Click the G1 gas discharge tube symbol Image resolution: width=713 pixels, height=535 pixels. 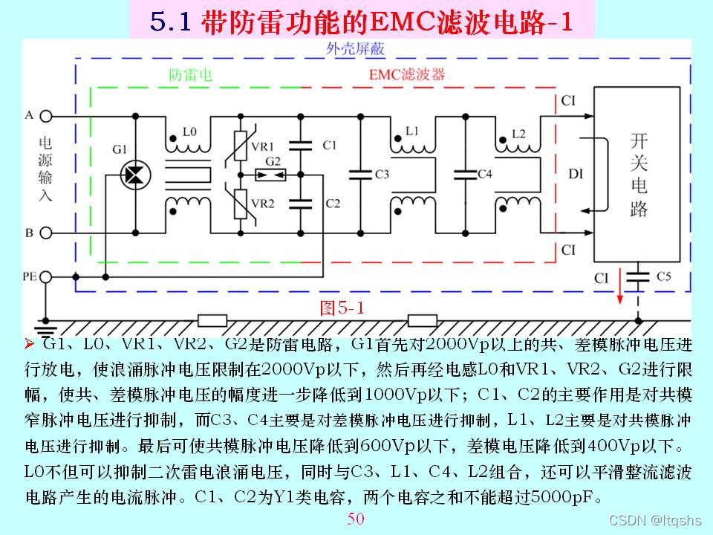pos(135,173)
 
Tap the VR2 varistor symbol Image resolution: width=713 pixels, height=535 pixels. pos(240,204)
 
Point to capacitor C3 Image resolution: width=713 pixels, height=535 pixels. pos(360,174)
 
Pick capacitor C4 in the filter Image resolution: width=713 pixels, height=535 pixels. pos(465,174)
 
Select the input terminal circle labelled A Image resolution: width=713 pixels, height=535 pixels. pos(46,116)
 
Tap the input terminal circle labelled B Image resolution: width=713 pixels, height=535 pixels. pos(46,233)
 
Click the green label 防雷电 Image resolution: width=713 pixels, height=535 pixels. pos(191,75)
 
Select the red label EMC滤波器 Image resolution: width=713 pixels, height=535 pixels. pos(407,75)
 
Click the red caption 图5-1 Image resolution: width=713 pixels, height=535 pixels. pos(342,308)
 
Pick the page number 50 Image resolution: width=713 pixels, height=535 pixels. pos(356,519)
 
